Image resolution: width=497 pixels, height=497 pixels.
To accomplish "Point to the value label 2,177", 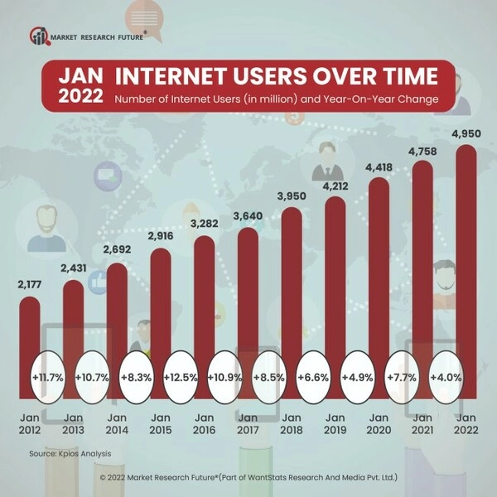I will pos(30,286).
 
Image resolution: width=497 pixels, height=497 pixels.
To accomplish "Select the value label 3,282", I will pos(205,224).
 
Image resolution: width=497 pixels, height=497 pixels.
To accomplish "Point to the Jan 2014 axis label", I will pos(117,424).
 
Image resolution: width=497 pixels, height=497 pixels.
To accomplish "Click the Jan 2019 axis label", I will pos(335,424).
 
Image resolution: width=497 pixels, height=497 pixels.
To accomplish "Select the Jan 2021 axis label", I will pos(422,424).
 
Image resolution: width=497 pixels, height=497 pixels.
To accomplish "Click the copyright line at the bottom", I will pos(248,478).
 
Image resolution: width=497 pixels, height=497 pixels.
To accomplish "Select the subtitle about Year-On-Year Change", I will pos(277,99).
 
